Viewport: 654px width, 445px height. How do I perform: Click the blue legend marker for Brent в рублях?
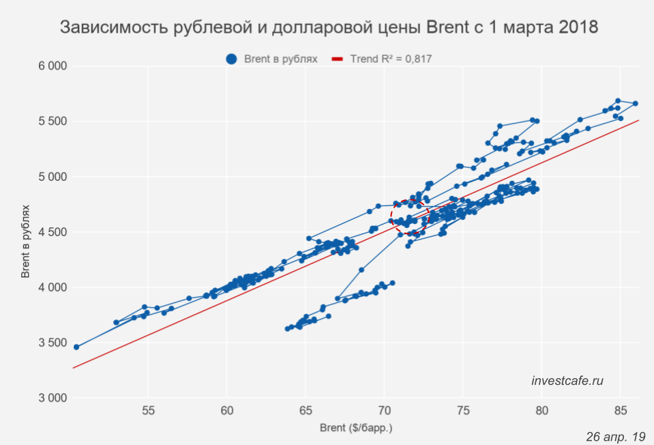pyautogui.click(x=233, y=59)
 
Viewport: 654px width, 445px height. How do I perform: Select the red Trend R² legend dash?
pyautogui.click(x=337, y=59)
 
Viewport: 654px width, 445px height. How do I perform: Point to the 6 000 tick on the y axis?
pyautogui.click(x=52, y=66)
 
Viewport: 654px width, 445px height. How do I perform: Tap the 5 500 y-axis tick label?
pyautogui.click(x=52, y=121)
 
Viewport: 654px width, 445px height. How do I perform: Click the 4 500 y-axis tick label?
pyautogui.click(x=52, y=232)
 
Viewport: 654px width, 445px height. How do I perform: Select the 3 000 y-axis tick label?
pyautogui.click(x=52, y=398)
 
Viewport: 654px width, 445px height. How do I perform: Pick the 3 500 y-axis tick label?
pyautogui.click(x=52, y=343)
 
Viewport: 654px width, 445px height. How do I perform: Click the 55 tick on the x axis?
pyautogui.click(x=148, y=411)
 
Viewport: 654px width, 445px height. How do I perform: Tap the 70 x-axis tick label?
pyautogui.click(x=384, y=411)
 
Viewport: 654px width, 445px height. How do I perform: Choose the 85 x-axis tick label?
pyautogui.click(x=620, y=411)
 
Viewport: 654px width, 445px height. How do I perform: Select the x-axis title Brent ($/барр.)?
pyautogui.click(x=356, y=429)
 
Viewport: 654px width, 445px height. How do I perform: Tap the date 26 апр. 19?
pyautogui.click(x=615, y=435)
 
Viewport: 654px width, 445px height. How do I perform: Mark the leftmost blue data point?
pyautogui.click(x=76, y=347)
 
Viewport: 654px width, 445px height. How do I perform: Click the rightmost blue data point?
pyautogui.click(x=635, y=104)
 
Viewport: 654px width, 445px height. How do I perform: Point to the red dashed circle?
pyautogui.click(x=409, y=217)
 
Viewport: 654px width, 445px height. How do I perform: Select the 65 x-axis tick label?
pyautogui.click(x=306, y=411)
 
